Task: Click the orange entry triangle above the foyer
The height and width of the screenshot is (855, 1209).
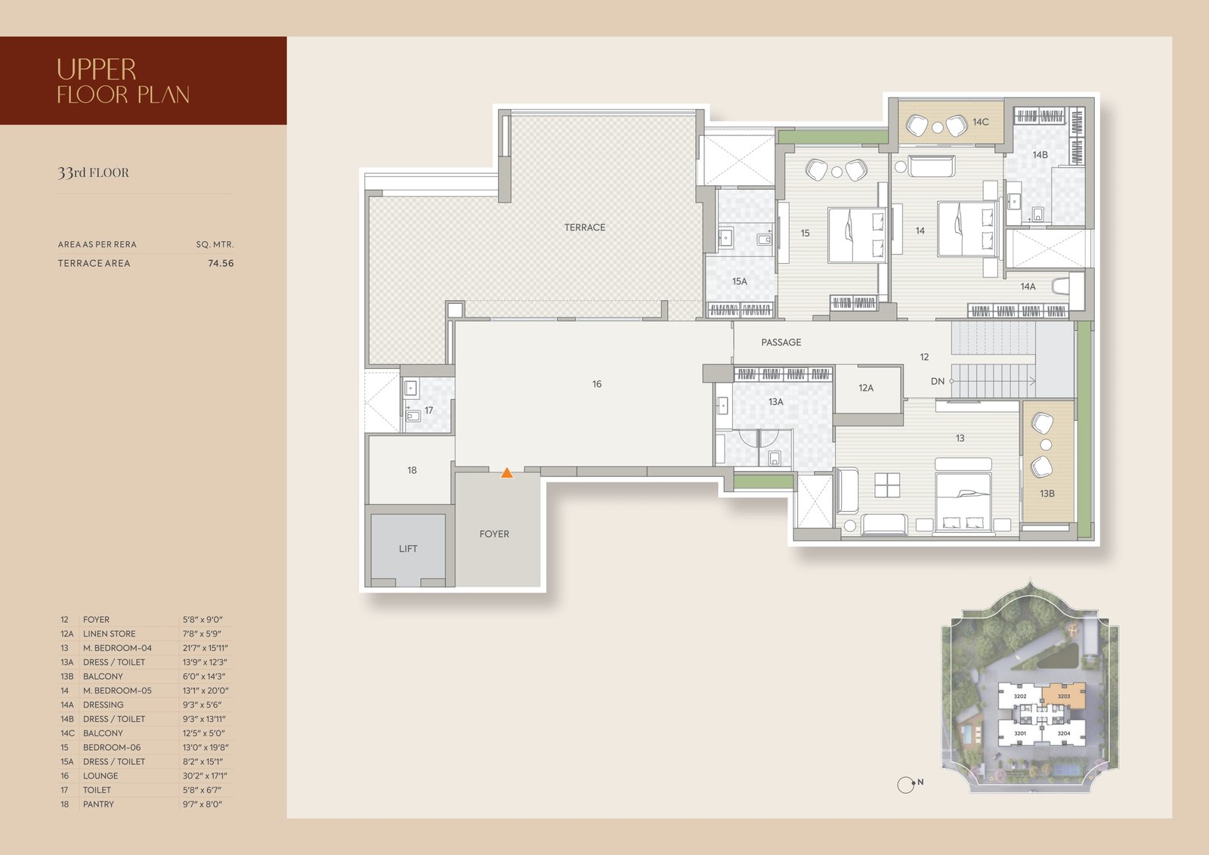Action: (x=506, y=473)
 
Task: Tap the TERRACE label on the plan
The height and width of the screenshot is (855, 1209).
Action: (x=585, y=228)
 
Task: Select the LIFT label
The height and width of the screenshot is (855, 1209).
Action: (x=408, y=549)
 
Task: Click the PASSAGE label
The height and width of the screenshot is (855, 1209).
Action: (x=781, y=342)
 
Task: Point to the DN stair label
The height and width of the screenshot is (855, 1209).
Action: (x=938, y=381)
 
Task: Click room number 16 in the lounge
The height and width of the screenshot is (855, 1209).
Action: (x=596, y=384)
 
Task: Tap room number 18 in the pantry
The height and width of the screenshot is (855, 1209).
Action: (x=412, y=470)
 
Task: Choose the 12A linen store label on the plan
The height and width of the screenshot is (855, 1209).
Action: (x=866, y=388)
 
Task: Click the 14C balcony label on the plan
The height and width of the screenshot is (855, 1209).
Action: (x=981, y=122)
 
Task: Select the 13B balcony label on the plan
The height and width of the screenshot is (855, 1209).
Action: (x=1047, y=494)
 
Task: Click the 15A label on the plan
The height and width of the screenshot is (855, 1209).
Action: (x=740, y=281)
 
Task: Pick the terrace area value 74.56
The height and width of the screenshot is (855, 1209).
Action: (x=221, y=264)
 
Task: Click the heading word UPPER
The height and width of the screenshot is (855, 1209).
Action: (x=97, y=70)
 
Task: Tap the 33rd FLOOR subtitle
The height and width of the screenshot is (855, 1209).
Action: (x=94, y=173)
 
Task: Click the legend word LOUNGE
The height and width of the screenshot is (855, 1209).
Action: (x=100, y=776)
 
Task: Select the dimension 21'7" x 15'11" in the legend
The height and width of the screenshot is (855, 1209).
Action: (x=205, y=648)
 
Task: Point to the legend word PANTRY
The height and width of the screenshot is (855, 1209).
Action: (x=98, y=804)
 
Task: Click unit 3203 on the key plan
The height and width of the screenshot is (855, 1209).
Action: (x=1064, y=696)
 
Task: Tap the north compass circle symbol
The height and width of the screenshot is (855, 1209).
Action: (x=905, y=785)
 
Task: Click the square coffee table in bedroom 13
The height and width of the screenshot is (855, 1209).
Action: (x=887, y=485)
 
